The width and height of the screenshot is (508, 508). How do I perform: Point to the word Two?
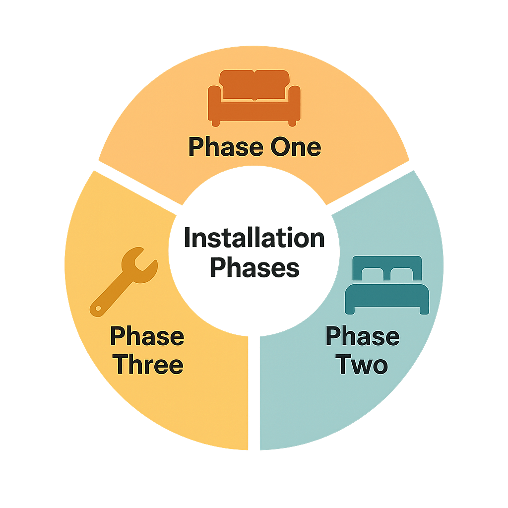pos(362,365)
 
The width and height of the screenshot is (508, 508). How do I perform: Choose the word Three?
pos(148,365)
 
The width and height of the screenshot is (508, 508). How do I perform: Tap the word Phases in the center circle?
pos(254,268)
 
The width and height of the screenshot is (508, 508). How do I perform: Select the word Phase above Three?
pos(147,336)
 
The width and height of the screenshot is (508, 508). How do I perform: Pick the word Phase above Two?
pos(362,336)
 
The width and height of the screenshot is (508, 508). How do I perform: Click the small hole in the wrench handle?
pos(98,309)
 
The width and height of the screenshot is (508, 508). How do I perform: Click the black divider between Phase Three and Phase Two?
pos(254,392)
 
